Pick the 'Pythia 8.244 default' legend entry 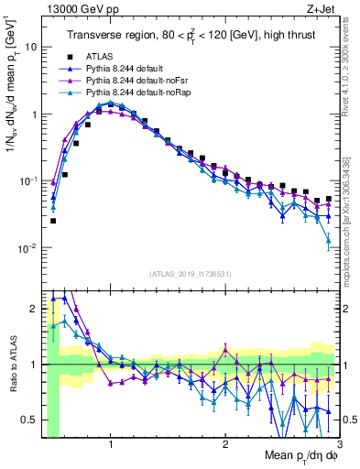(x=125, y=69)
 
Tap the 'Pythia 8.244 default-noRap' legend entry (x=136, y=93)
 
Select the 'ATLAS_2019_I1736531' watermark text (x=190, y=273)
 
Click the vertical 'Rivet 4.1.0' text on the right (x=352, y=69)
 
